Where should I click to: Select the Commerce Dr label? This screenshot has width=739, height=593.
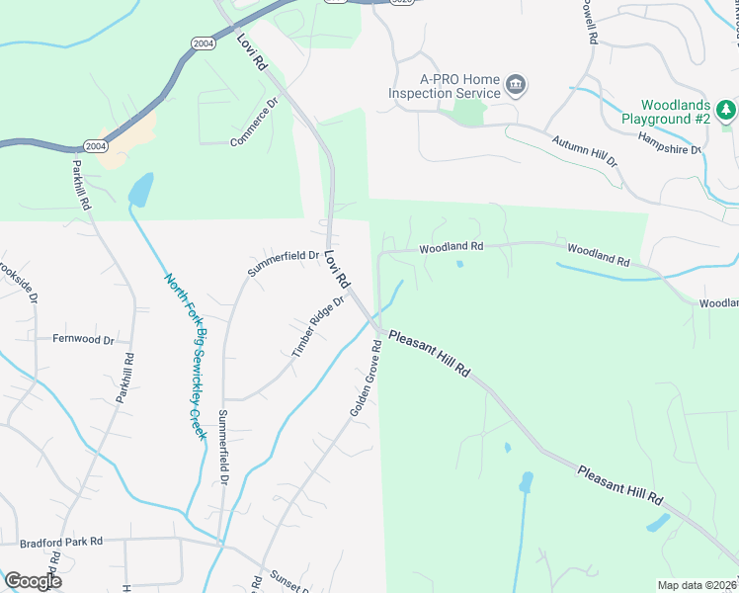click(x=256, y=123)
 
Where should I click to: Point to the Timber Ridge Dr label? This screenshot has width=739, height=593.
click(x=317, y=326)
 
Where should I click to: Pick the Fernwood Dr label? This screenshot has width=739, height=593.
click(x=84, y=339)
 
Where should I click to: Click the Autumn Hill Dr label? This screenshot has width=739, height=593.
click(x=584, y=151)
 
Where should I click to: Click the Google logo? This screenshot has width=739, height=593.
click(x=33, y=580)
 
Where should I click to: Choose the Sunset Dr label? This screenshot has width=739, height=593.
click(x=285, y=581)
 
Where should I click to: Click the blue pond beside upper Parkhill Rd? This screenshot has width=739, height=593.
click(x=141, y=189)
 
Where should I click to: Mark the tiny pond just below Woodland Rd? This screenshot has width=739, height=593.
click(x=459, y=264)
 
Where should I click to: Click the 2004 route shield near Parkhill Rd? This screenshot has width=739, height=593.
click(x=96, y=146)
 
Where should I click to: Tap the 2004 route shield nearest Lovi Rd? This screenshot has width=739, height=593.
click(x=202, y=43)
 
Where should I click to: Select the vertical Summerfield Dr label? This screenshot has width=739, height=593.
click(x=224, y=446)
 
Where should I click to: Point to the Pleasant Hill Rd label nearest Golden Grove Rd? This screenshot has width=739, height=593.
click(x=429, y=353)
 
